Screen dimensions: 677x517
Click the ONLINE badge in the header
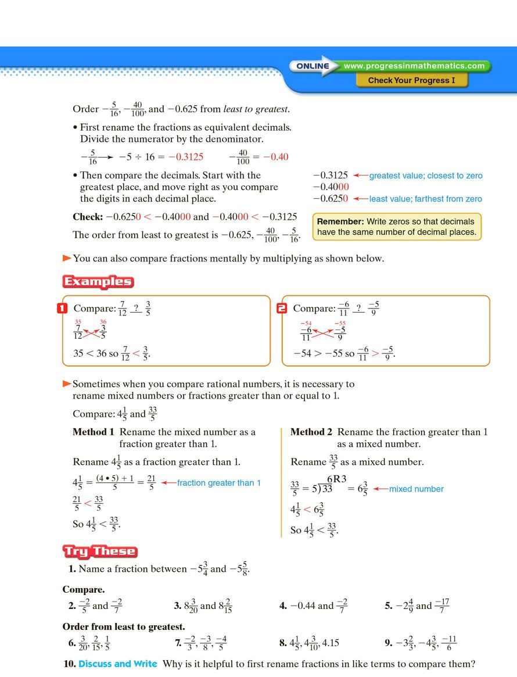[x=313, y=66]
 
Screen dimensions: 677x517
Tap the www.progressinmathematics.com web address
[x=414, y=66]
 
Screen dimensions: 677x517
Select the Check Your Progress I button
[x=411, y=80]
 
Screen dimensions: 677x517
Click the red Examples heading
[x=98, y=282]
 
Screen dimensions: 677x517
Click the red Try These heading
[x=100, y=551]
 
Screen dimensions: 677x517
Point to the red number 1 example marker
[x=63, y=309]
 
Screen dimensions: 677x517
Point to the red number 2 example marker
[x=282, y=309]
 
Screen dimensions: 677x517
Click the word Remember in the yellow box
[x=339, y=221]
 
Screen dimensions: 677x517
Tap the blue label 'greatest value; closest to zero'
[x=426, y=175]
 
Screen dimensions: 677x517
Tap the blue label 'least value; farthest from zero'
[x=426, y=199]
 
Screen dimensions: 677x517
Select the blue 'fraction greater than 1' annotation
[x=219, y=483]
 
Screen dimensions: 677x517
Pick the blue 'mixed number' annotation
[x=416, y=489]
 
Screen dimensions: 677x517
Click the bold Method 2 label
[x=311, y=432]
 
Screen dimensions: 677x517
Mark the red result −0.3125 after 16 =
[x=186, y=157]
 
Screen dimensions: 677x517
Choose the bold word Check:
[x=88, y=217]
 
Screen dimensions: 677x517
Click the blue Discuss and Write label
[x=118, y=664]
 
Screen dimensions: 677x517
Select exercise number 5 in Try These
[x=389, y=606]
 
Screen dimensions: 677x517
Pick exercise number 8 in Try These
[x=283, y=643]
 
